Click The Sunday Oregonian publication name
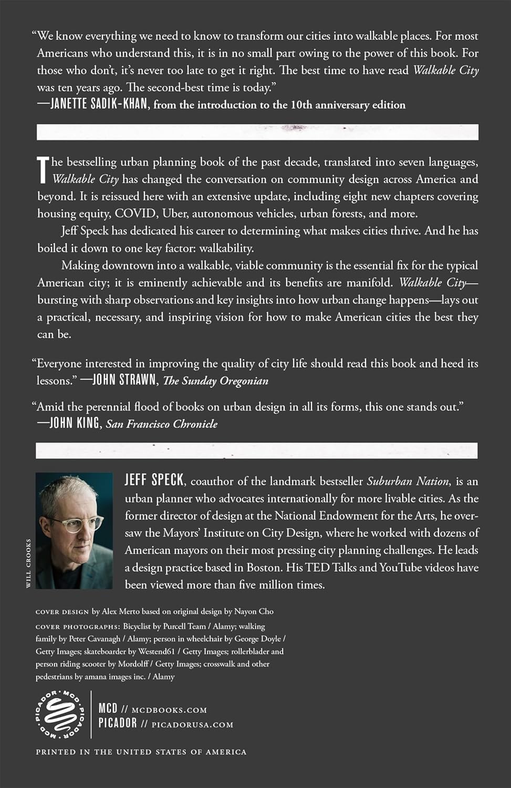pos(216,381)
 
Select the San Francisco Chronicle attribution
pos(162,424)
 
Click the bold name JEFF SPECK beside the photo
pos(154,480)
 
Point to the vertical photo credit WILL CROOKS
pos(28,563)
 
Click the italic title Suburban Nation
pos(408,481)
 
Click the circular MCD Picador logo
pos(59,715)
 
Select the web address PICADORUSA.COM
pos(192,724)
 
